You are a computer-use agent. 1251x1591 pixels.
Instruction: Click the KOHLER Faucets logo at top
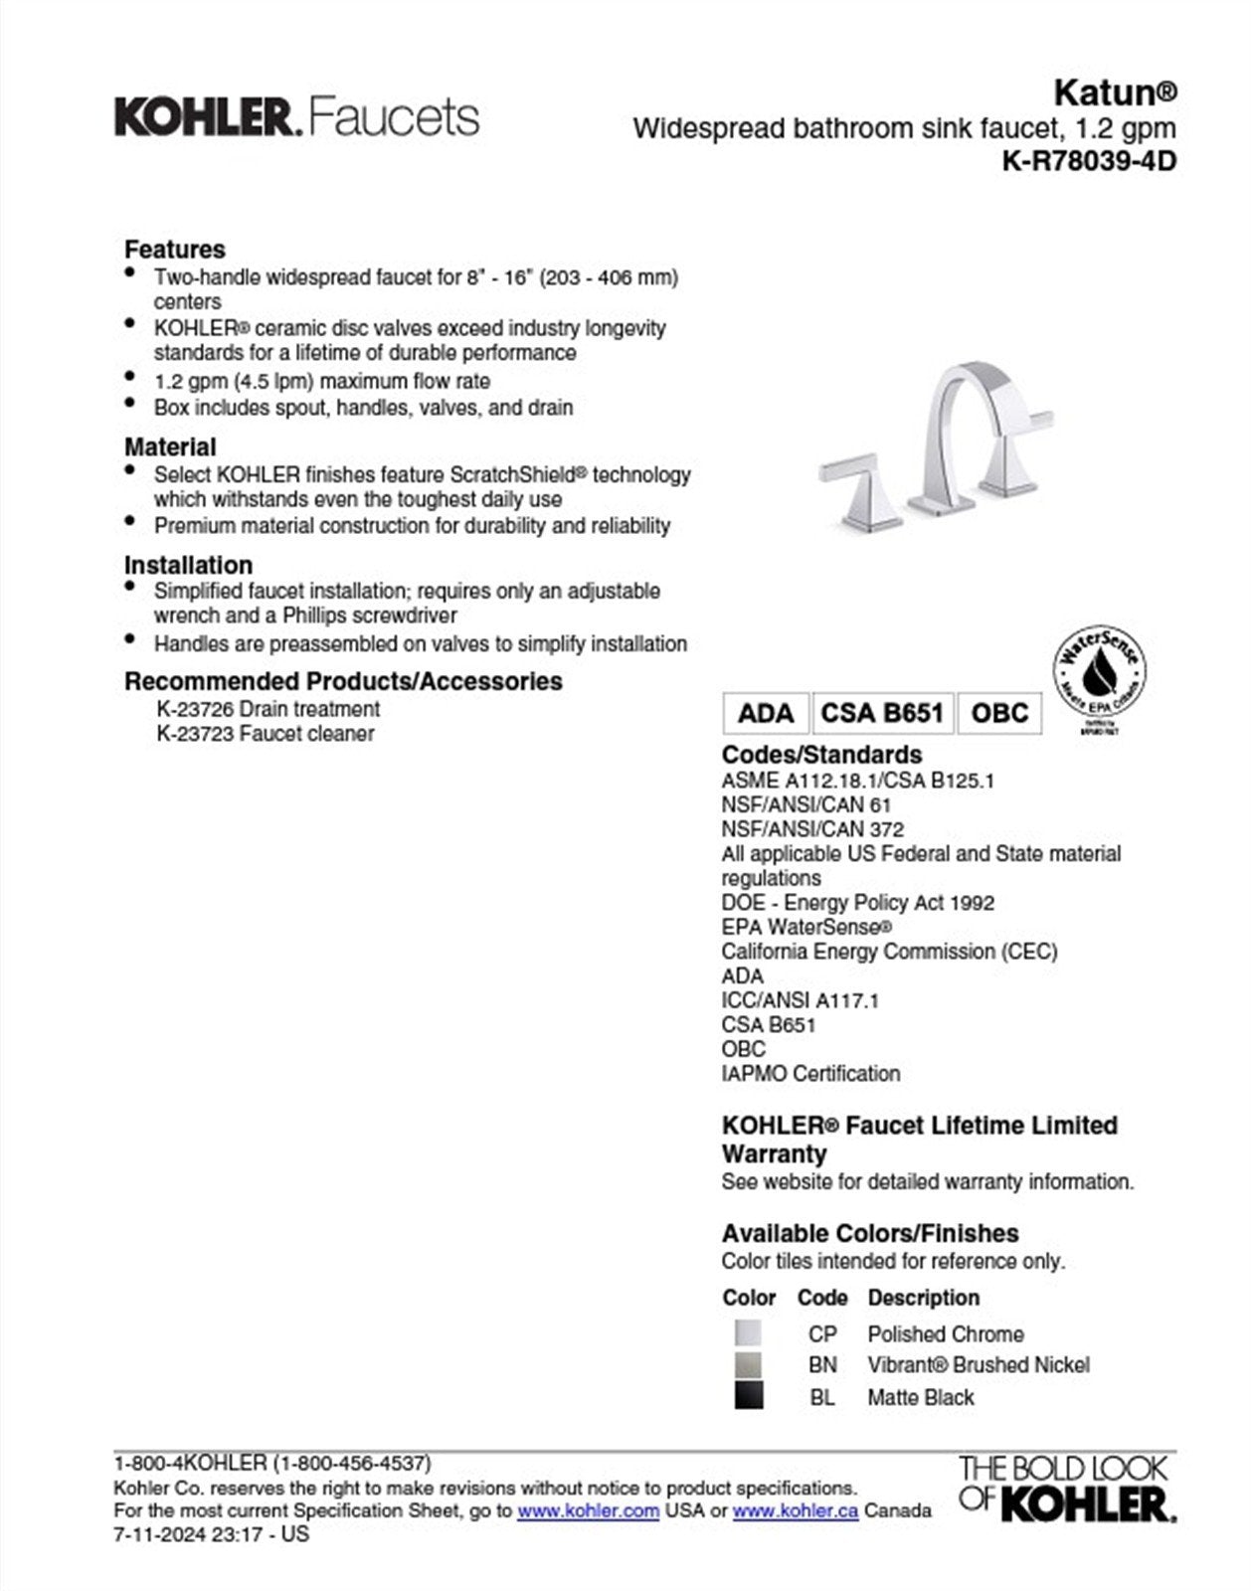296,117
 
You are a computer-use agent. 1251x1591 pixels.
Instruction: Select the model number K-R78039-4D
1089,161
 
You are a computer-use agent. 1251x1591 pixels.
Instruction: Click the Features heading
174,249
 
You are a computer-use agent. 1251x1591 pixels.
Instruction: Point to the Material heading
170,446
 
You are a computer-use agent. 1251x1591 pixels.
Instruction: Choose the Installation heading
188,565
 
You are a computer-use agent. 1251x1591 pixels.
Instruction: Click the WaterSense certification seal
1099,676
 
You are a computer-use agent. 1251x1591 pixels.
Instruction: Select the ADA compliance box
766,713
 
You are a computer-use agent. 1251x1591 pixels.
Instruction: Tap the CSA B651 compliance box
881,713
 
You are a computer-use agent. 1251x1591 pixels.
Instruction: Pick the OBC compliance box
999,713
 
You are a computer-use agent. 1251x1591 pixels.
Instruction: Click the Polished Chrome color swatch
748,1333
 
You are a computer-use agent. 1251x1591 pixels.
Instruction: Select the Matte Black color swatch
748,1396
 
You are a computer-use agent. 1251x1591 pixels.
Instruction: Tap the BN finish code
822,1365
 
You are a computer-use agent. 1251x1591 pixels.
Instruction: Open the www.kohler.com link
588,1510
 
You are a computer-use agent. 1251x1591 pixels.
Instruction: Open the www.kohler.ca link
795,1510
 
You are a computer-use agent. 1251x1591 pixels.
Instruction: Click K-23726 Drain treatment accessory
268,709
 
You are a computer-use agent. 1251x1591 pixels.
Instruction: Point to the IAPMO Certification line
810,1074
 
